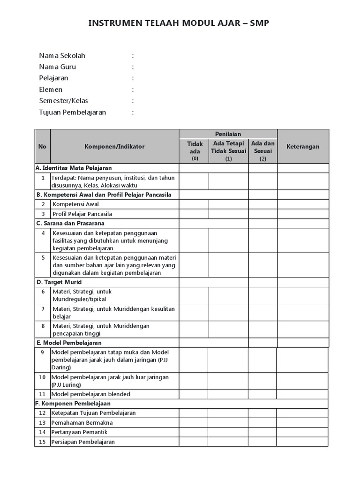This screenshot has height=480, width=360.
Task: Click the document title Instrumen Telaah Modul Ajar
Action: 179,23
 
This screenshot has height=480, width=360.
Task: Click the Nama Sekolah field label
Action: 62,56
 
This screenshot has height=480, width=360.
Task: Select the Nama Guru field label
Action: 57,67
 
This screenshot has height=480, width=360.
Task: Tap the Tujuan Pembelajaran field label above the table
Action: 72,112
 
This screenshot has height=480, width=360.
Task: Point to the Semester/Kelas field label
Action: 63,101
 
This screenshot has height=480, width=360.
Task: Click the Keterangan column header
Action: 303,146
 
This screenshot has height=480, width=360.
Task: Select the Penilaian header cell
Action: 228,134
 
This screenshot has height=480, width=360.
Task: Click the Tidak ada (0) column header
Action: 195,151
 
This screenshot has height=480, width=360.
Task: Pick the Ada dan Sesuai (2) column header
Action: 262,151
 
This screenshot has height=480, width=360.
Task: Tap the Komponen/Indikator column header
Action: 114,146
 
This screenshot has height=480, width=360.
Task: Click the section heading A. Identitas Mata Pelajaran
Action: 74,168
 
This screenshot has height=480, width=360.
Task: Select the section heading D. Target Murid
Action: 59,282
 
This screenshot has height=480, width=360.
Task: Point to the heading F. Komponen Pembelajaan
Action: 73,403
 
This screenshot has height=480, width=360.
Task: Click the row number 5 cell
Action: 43,258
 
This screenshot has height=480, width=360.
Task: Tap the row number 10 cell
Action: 42,377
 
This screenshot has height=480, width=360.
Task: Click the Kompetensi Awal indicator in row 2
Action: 75,204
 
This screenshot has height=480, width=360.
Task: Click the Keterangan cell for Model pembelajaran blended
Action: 302,394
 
